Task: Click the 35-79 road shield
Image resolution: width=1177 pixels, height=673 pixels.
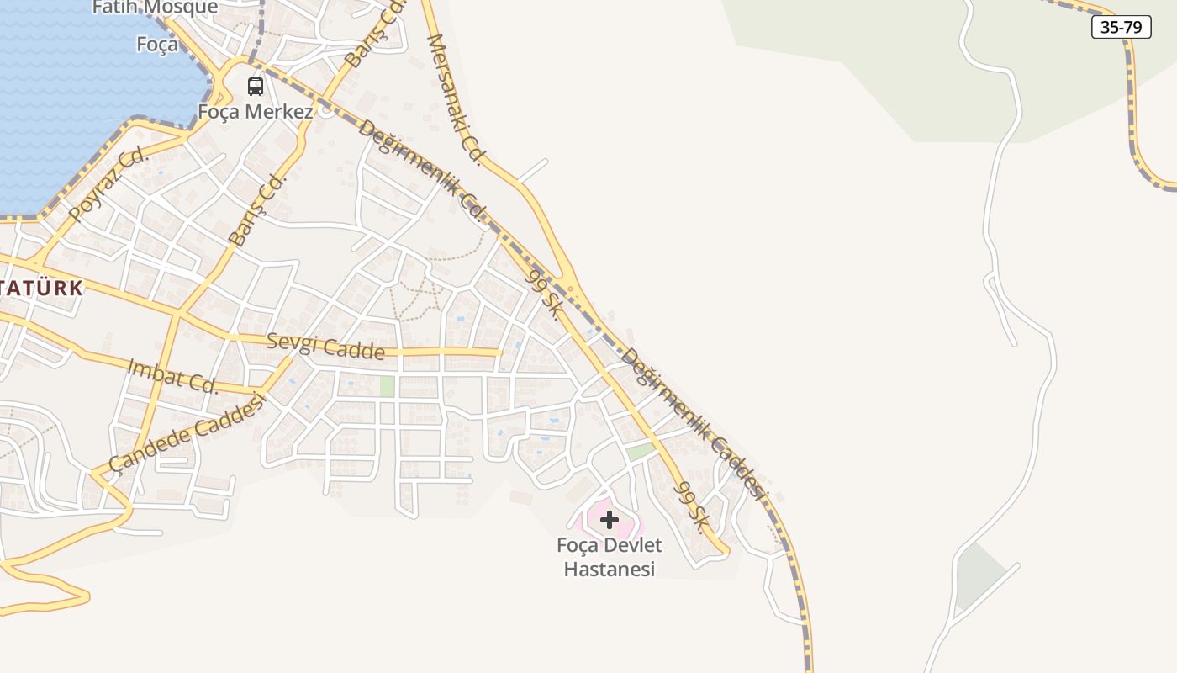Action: coord(1121,27)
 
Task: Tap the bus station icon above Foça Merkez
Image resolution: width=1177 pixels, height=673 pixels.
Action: coord(255,86)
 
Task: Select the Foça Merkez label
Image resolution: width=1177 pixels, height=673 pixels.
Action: coord(256,111)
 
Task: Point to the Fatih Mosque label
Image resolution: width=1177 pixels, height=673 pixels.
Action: coord(166,8)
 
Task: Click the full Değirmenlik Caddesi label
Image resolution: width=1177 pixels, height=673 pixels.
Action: coord(694,424)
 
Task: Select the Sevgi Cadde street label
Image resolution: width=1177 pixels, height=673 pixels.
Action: coord(325,346)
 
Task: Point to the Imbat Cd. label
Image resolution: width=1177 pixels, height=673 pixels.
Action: coord(173,376)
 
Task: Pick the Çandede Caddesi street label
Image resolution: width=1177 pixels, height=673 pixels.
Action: coord(187,432)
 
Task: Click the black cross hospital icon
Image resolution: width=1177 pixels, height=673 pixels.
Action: coord(610,520)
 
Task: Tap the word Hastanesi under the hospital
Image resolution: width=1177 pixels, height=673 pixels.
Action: coord(610,570)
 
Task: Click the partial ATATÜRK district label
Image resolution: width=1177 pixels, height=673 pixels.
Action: coord(42,288)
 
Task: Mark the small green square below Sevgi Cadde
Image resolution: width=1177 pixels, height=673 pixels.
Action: coord(387,386)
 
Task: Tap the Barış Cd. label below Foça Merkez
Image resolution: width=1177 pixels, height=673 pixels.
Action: coord(257,210)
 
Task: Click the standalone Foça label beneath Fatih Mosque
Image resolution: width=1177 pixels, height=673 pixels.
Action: coord(158,44)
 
